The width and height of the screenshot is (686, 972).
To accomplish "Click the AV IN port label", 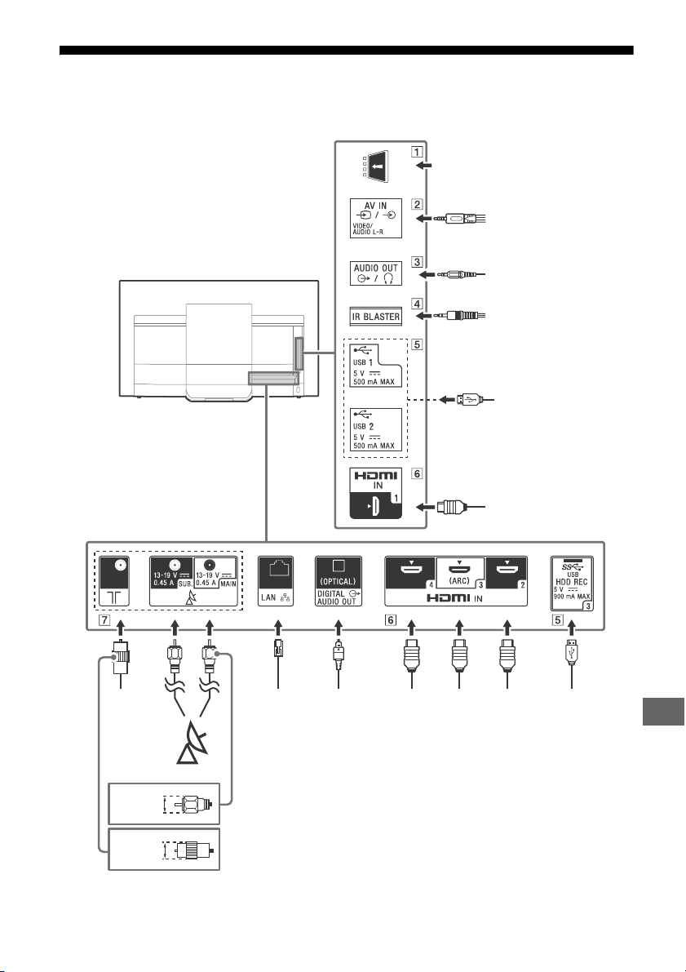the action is click(x=375, y=218).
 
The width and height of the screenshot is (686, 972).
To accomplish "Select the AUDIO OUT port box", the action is click(x=375, y=273).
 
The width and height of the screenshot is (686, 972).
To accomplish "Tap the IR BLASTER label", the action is click(x=375, y=317).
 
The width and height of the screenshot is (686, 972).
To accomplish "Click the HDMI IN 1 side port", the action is click(x=375, y=494).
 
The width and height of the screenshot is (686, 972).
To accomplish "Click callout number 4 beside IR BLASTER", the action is click(x=418, y=304).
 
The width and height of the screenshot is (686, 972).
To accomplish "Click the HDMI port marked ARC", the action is click(x=459, y=572).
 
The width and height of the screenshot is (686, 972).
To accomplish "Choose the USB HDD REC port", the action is click(x=571, y=584).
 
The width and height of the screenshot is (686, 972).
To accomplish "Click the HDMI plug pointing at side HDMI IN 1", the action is click(x=450, y=507).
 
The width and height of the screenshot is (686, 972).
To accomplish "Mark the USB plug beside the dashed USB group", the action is click(x=468, y=400).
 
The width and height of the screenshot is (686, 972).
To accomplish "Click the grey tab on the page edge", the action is click(x=663, y=711).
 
